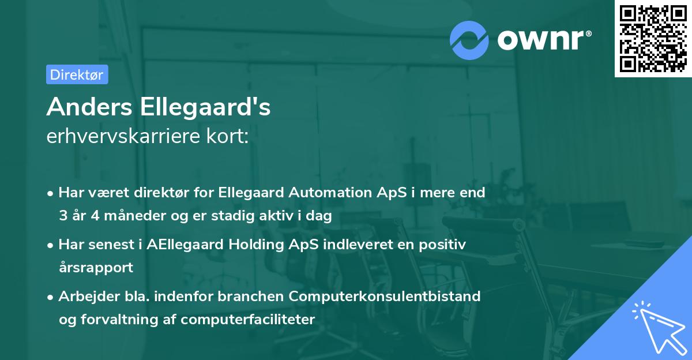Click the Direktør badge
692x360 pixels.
click(77, 74)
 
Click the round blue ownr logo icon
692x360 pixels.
click(469, 40)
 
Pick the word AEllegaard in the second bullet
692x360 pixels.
click(185, 244)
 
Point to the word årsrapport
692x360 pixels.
click(96, 268)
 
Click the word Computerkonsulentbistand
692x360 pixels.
click(385, 296)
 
